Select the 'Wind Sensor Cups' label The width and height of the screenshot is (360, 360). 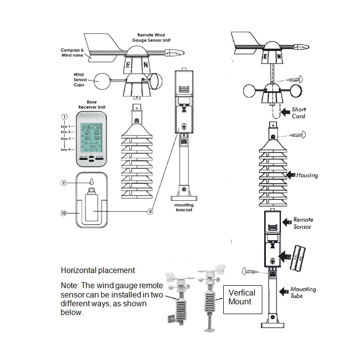78,80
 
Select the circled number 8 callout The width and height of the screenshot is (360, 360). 151,212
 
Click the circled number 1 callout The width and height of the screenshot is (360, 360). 64,117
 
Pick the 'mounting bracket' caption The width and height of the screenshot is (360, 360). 184,207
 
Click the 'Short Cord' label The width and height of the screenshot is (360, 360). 298,113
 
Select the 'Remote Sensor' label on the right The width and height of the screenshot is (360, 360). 303,223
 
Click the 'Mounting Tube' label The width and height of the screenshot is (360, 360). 303,292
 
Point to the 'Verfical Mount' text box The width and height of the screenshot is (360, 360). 242,296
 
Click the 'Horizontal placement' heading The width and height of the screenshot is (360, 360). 98,270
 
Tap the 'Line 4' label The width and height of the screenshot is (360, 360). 66,149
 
